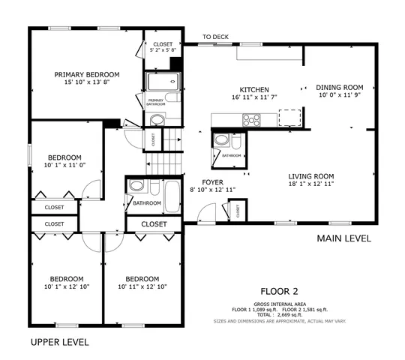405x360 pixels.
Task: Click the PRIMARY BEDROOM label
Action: pos(87,74)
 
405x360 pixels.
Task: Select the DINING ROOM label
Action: pos(339,87)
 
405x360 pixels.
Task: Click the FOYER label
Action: pos(211,182)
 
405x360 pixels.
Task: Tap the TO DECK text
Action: pos(217,37)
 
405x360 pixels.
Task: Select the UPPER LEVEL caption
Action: pos(59,342)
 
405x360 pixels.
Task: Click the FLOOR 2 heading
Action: pos(279,291)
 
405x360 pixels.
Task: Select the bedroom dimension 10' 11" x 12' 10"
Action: pos(142,286)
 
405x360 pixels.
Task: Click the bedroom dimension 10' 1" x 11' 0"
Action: pos(65,164)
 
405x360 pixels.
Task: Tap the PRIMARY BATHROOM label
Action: pos(156,103)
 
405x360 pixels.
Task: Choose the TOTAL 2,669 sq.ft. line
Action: pos(279,314)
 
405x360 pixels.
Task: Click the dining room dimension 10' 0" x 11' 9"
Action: pos(339,95)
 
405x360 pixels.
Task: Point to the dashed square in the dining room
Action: pos(289,117)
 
